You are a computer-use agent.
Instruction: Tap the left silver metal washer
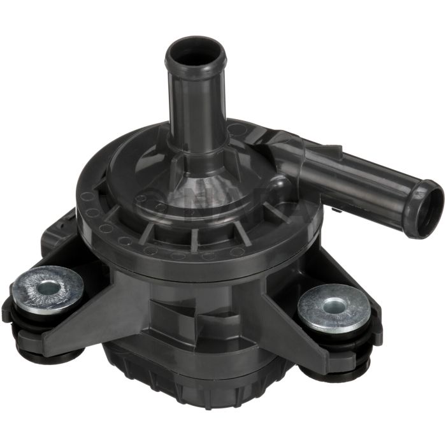tap(47, 288)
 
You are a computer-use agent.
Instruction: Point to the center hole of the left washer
tap(46, 287)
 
